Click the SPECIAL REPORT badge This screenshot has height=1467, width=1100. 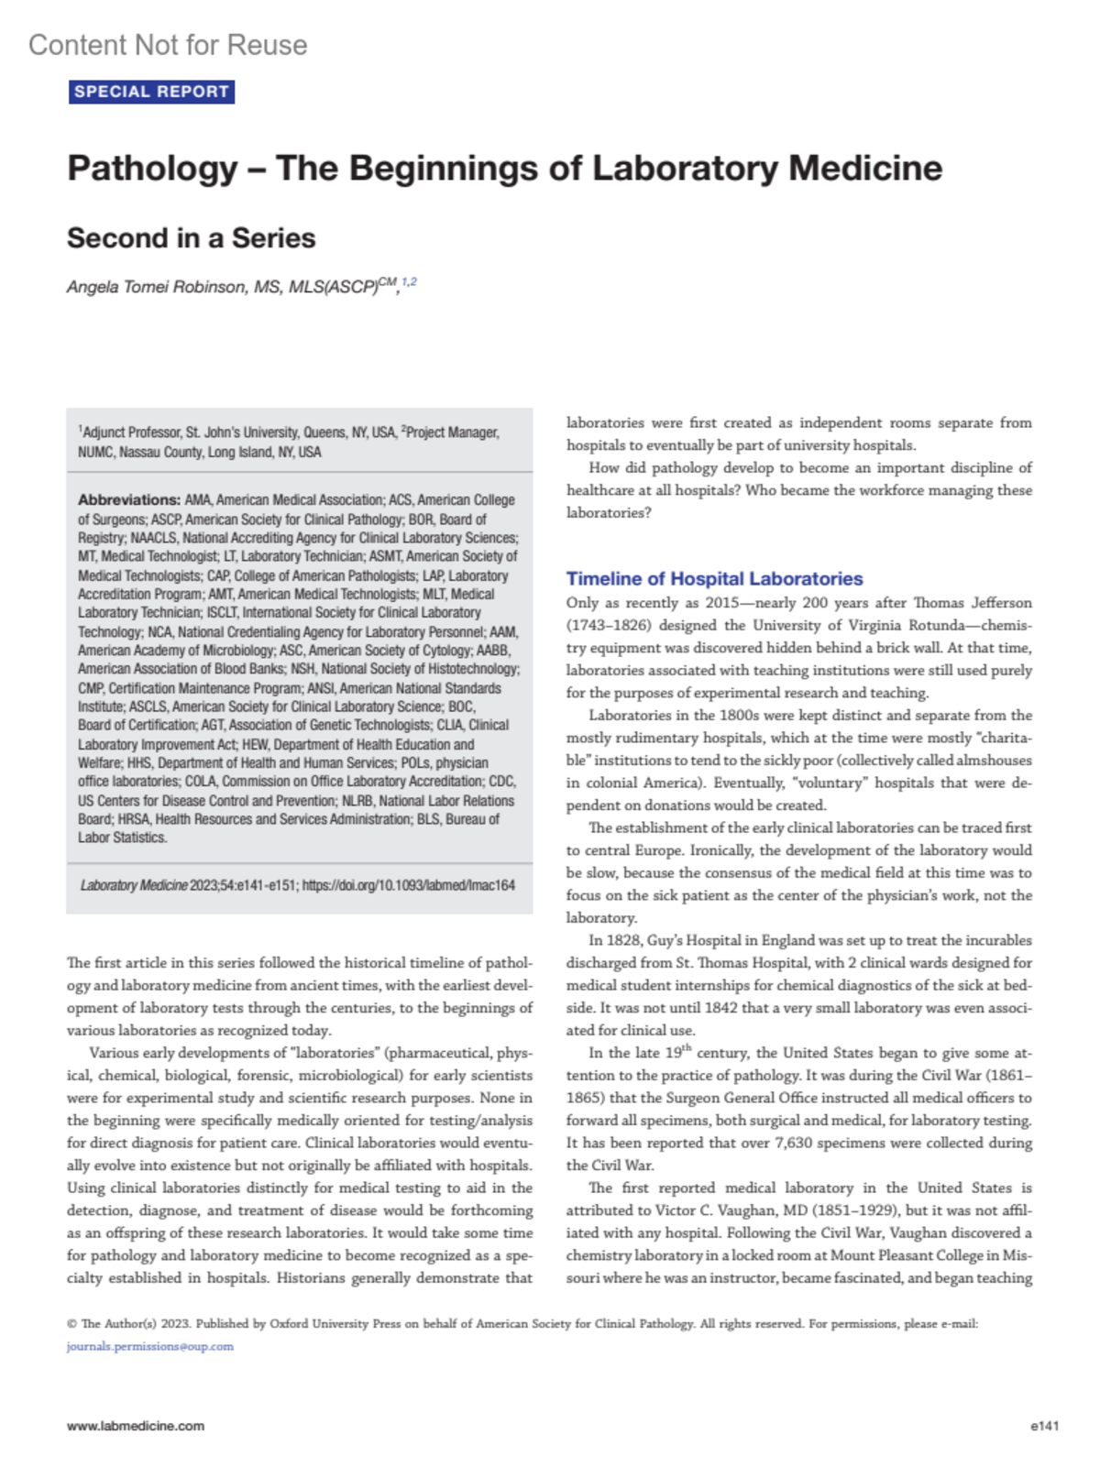[151, 92]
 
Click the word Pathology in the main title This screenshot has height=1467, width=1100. [152, 169]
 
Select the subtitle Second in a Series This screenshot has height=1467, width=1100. [191, 238]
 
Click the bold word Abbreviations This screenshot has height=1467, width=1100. [128, 500]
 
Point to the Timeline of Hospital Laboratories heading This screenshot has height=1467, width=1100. [714, 579]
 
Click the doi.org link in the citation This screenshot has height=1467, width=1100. [409, 886]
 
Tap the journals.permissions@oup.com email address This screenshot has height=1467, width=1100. [149, 1347]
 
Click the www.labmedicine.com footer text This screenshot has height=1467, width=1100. [136, 1426]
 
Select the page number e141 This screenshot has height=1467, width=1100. [1044, 1426]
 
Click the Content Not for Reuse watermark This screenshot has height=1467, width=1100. [168, 45]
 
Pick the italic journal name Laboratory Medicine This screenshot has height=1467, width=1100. [134, 886]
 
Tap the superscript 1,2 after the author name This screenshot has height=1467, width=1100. [409, 282]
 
